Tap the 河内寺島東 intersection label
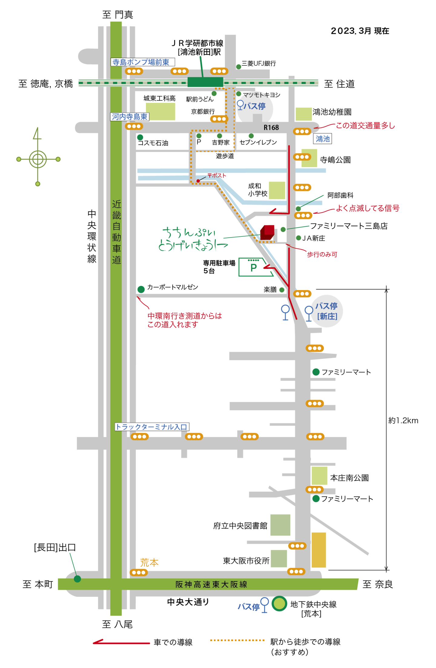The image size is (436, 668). (x=130, y=117)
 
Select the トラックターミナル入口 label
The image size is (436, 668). (x=152, y=427)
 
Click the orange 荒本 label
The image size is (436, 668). (x=149, y=563)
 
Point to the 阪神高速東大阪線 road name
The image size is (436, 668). (x=211, y=584)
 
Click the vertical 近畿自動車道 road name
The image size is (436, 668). (x=116, y=232)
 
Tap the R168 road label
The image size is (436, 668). (x=271, y=128)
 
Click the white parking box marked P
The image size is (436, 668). (x=254, y=267)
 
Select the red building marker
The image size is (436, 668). (x=268, y=232)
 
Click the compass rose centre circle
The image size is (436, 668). (x=38, y=159)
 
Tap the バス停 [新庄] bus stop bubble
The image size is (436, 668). (x=327, y=311)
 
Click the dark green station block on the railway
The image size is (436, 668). (x=205, y=82)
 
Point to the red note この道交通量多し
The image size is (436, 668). (x=365, y=126)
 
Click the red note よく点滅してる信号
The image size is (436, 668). (x=368, y=208)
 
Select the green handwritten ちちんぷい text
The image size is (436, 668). (x=189, y=233)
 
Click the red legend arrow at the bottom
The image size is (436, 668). (x=121, y=643)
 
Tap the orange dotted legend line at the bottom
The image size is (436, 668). (x=237, y=640)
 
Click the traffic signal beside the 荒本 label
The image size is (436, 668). (x=139, y=573)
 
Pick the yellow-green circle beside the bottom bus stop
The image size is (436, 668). (x=279, y=604)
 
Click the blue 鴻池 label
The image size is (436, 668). (x=323, y=139)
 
